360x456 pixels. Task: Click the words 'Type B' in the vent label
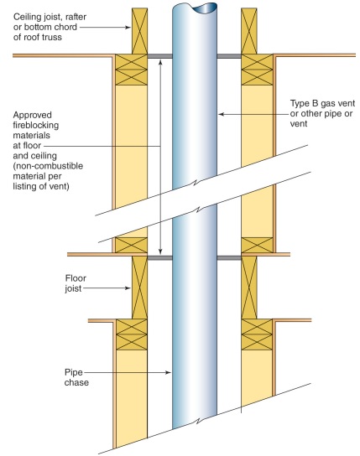click(305, 103)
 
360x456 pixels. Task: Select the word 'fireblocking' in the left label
click(36, 126)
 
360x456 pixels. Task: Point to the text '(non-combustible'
click(48, 166)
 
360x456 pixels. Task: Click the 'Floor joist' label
click(76, 283)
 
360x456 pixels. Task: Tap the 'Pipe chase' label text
click(76, 377)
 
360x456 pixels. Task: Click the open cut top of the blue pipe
click(195, 8)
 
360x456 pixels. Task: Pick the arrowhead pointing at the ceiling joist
click(128, 28)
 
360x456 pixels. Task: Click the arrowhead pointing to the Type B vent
click(222, 114)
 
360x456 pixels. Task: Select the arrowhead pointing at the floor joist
click(128, 288)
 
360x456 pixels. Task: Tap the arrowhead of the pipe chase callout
click(168, 372)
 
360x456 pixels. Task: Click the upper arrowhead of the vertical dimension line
click(160, 62)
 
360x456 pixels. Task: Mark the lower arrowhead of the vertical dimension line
click(160, 251)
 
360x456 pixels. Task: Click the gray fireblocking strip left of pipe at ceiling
click(159, 56)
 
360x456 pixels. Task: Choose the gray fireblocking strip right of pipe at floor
click(229, 257)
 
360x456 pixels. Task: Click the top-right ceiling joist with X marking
click(249, 31)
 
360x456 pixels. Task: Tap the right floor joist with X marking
click(249, 288)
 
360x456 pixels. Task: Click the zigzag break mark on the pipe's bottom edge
click(198, 420)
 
